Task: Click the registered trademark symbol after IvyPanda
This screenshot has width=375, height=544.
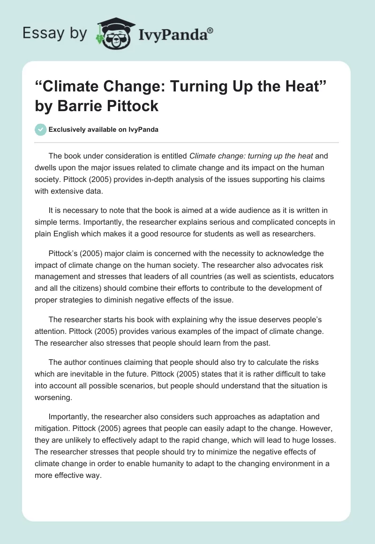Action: pyautogui.click(x=210, y=30)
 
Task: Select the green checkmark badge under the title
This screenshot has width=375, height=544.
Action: pyautogui.click(x=41, y=129)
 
